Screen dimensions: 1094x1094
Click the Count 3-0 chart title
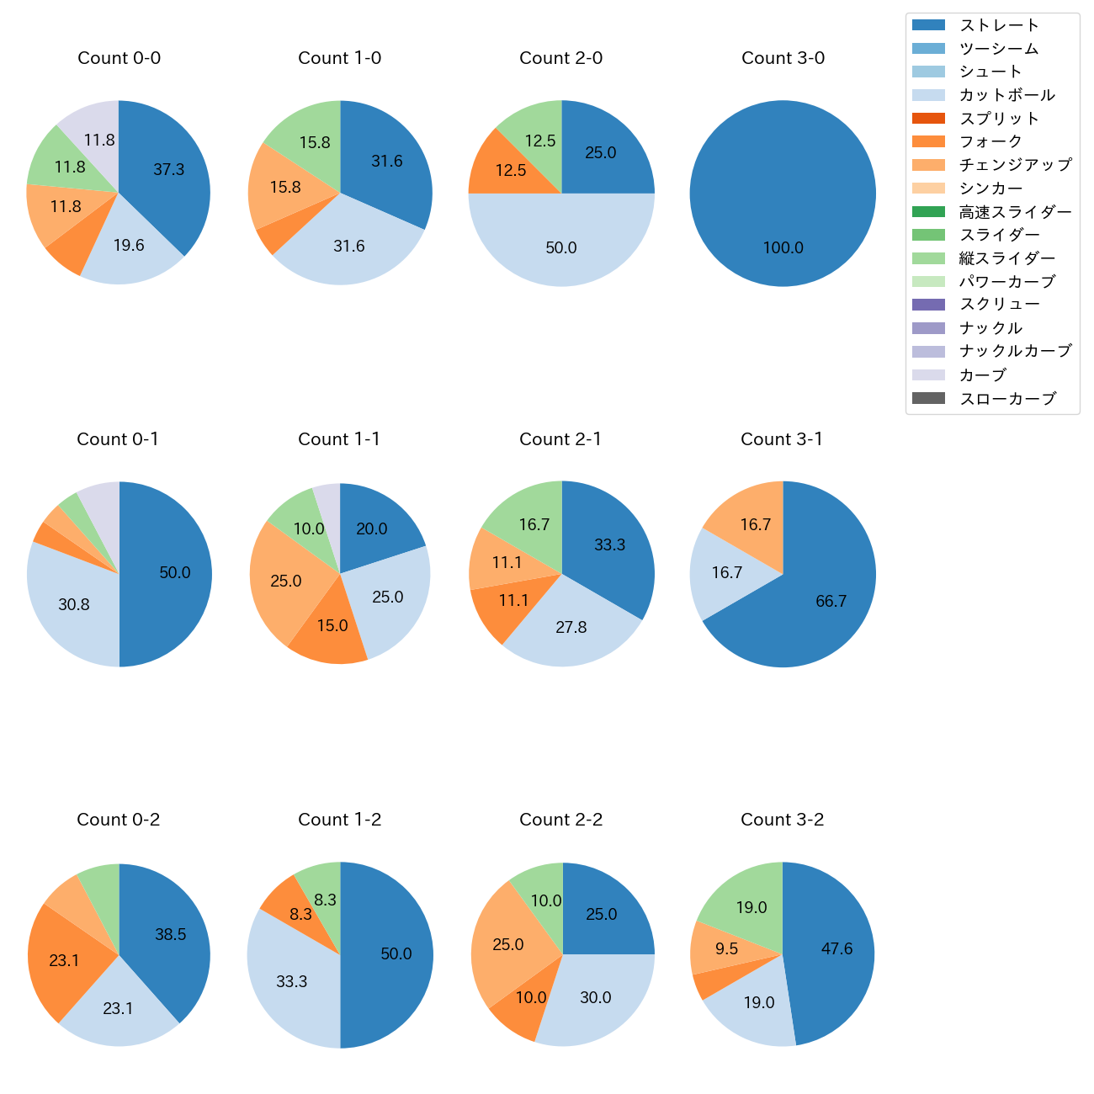(783, 58)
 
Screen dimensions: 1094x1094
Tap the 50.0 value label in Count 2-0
(561, 248)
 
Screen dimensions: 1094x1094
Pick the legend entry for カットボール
(1006, 95)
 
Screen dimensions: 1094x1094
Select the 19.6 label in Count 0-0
(129, 246)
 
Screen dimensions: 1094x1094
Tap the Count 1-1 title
(339, 439)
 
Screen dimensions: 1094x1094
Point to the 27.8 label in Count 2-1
(571, 628)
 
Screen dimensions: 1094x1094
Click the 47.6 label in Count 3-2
(837, 949)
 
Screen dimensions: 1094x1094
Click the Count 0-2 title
(118, 820)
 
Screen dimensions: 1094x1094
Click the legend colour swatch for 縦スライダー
(928, 258)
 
